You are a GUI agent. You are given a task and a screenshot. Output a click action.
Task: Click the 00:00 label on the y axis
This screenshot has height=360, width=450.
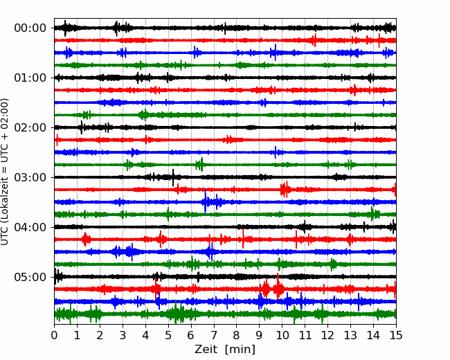tap(30, 28)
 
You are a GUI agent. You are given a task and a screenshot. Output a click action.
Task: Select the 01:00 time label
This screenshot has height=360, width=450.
tap(30, 78)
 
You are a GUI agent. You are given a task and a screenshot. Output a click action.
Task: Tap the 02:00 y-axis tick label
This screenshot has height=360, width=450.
tap(30, 127)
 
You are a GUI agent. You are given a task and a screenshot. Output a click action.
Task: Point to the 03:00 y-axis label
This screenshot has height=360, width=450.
tap(30, 177)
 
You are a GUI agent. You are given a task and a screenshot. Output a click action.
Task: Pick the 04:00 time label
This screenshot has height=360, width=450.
tap(30, 227)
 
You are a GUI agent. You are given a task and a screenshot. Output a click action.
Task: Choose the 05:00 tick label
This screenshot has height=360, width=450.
tap(30, 277)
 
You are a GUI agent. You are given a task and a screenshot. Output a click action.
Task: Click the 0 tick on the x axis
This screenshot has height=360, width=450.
tap(54, 335)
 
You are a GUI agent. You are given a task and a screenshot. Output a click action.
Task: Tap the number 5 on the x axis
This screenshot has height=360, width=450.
tap(168, 335)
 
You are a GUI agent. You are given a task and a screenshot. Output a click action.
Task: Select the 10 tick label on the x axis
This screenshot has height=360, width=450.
tap(282, 335)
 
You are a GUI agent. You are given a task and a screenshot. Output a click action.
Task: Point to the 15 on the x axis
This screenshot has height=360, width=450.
tap(396, 335)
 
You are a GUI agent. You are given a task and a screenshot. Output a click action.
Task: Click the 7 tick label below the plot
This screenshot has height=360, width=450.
tap(214, 335)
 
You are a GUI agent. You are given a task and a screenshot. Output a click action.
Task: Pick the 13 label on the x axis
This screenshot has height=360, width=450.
tap(350, 335)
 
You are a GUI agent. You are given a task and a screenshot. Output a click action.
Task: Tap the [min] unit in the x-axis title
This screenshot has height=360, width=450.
tap(240, 350)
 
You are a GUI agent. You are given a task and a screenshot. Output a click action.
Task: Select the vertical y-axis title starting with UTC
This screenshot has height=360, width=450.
tap(5, 172)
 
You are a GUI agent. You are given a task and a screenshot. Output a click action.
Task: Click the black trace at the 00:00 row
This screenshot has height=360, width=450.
tap(225, 28)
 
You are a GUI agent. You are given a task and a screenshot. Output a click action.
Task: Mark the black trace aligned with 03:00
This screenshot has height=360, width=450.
tap(225, 177)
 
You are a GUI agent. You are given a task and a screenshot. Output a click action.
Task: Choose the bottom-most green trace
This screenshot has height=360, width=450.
tap(225, 314)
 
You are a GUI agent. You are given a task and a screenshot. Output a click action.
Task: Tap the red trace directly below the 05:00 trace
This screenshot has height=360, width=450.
tap(225, 289)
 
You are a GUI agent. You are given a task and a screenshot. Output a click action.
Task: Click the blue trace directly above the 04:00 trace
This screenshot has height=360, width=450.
tap(225, 202)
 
